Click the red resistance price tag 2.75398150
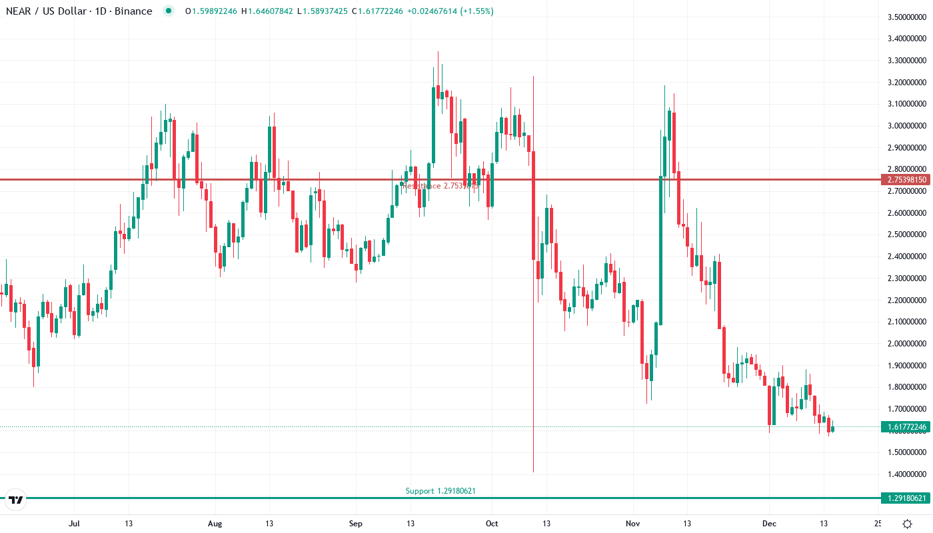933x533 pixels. click(904, 180)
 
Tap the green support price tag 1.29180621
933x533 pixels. click(904, 498)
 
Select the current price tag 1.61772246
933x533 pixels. click(904, 426)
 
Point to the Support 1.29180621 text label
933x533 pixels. click(441, 491)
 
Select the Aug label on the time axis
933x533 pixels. click(215, 524)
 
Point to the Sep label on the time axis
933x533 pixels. click(356, 524)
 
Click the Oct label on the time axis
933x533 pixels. click(492, 524)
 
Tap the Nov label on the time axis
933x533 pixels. click(633, 524)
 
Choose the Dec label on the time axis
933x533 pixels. click(770, 524)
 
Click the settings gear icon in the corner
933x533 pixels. click(908, 524)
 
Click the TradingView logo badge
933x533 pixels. click(15, 499)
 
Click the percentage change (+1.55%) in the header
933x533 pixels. click(474, 11)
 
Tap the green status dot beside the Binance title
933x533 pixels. click(168, 11)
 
